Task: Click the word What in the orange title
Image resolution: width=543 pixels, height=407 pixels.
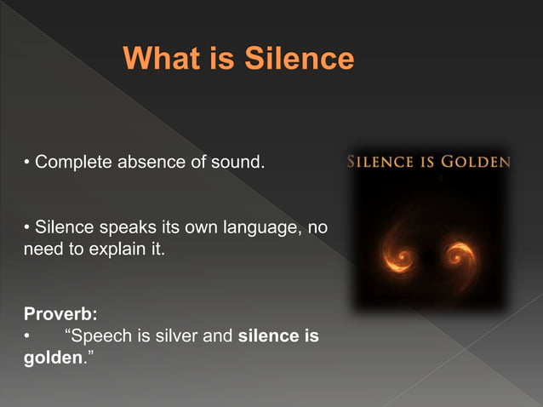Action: coord(164,59)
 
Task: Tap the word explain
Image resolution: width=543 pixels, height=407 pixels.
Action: coord(106,252)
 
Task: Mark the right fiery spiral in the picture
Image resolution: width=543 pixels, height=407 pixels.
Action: coord(460,255)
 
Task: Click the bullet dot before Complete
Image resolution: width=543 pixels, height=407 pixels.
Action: coord(26,161)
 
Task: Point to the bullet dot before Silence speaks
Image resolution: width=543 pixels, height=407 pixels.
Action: coord(26,230)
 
